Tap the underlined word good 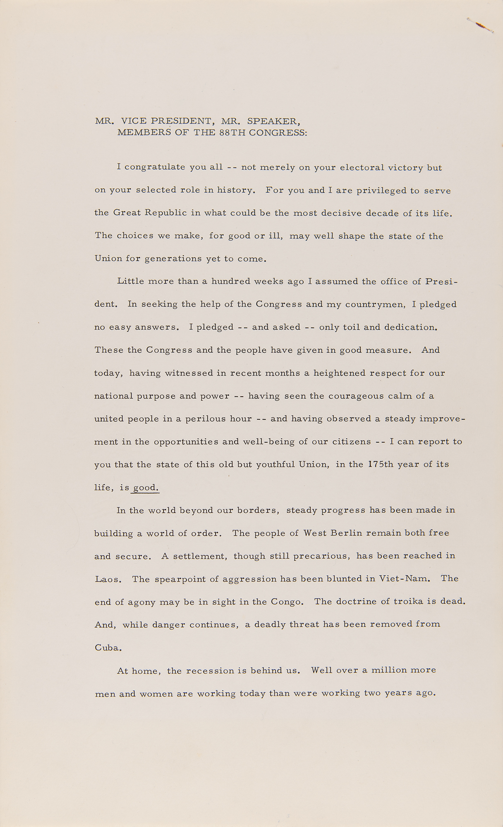[145, 488]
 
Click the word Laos [108, 579]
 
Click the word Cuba [108, 648]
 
